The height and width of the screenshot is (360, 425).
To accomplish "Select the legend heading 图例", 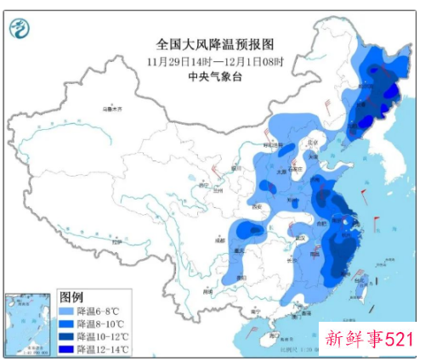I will (x=71, y=296).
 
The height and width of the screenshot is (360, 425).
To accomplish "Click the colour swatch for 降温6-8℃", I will (x=66, y=311).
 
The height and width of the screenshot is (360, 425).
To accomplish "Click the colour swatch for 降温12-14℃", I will (x=66, y=349).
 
